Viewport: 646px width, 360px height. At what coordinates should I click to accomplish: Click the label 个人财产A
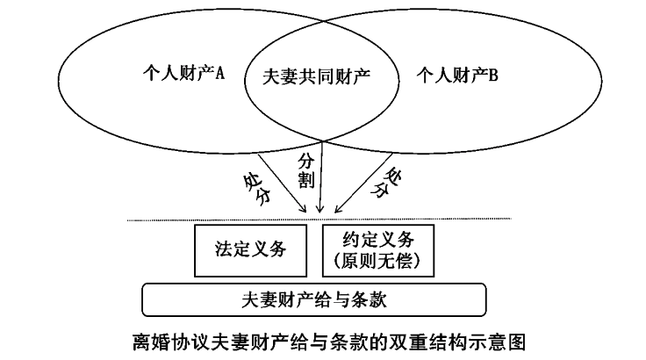coord(183,74)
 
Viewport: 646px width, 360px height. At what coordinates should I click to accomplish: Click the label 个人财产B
coord(456,74)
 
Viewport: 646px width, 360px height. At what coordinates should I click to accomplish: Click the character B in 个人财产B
coord(493,74)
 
